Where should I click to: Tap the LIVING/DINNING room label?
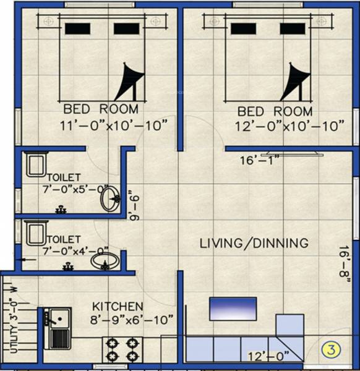254,243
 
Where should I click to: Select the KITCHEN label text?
118,307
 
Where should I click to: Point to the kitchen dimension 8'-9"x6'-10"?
132,320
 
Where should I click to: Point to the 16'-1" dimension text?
260,161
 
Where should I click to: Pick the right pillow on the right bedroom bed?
293,28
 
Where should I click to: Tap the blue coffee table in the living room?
233,309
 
